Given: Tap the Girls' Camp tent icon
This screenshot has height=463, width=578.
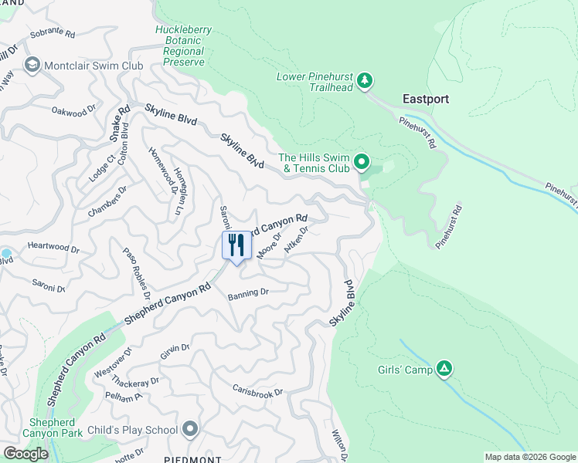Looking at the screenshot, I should pos(444,370).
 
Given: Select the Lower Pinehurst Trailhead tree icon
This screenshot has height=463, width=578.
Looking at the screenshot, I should pos(365,80).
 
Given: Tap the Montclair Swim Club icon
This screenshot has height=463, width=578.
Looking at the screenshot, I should pos(32,66).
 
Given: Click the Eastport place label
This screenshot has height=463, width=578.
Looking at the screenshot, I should pos(426,100).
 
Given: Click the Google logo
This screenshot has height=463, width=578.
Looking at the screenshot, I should pos(25,454).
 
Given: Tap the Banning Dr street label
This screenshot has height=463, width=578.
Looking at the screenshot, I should pos(247,292).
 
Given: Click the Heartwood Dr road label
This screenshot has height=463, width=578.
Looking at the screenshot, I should pos(54,248).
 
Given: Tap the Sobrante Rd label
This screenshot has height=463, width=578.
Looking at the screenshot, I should pos(52,35).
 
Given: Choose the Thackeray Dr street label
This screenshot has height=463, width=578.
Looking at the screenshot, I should pos(134,381).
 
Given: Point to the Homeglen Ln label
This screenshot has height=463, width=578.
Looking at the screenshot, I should pos(179,190).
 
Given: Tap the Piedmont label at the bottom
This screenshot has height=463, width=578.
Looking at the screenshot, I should pos(188,458).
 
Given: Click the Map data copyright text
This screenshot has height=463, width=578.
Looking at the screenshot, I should pos(530,457).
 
